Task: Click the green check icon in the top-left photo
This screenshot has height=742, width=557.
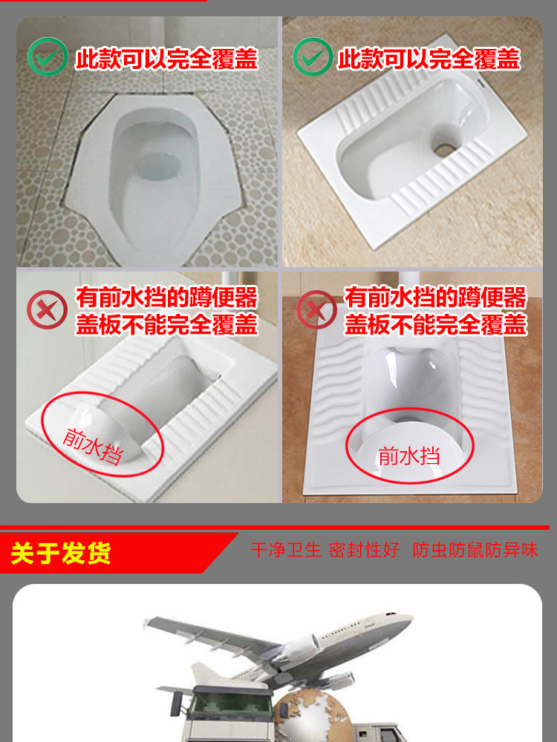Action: coord(48,58)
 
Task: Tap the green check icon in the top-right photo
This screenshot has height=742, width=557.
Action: coord(312,58)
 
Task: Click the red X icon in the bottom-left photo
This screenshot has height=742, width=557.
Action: coord(47,310)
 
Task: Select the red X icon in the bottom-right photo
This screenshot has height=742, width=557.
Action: coord(316,310)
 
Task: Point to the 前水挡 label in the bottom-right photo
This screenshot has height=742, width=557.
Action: coord(408,455)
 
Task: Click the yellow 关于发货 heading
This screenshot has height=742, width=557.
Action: coord(61,553)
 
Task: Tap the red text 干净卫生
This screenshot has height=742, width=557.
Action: coord(286,550)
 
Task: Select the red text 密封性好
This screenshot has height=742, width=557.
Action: coord(364,550)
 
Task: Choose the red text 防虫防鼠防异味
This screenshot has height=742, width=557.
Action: coord(475,550)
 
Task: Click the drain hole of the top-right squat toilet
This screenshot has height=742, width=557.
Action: coord(444,149)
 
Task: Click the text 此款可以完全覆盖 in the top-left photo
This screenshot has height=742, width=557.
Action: coord(166,59)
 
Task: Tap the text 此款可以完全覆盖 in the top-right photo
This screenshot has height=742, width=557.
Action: coord(429,59)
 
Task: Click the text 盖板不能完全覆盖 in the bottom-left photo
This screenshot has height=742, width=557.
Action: coord(166,324)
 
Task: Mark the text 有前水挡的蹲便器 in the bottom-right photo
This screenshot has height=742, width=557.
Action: coord(435,298)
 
